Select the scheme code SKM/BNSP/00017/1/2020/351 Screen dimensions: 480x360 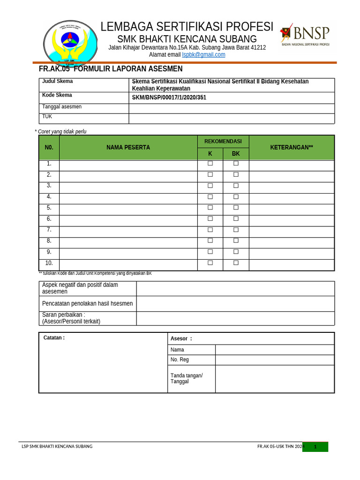(x=169, y=97)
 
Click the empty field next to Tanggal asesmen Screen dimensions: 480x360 (x=232, y=108)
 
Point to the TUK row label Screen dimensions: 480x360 (x=47, y=117)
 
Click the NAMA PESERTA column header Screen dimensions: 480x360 (x=128, y=147)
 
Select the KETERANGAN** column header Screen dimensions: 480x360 (x=291, y=147)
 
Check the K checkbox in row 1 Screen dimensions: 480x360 (x=210, y=164)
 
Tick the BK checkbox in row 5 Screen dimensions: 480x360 (x=236, y=208)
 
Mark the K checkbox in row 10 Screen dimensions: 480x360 (x=210, y=263)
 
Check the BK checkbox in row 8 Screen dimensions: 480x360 (x=236, y=241)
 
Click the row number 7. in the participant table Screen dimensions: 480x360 (x=49, y=230)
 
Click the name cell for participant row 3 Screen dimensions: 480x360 (x=128, y=186)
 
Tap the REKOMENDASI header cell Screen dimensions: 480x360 (x=223, y=142)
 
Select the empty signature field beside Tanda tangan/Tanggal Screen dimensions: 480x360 (x=275, y=379)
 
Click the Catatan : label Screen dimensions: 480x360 (x=54, y=338)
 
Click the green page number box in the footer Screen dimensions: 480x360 (x=315, y=447)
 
